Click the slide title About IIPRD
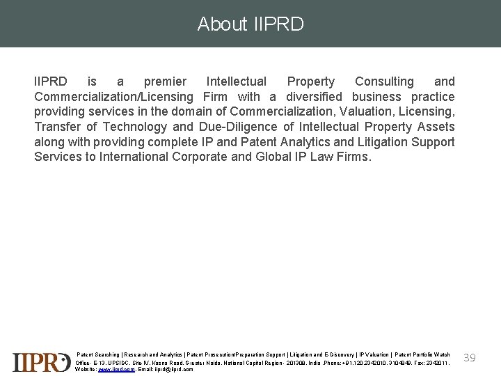point(250,24)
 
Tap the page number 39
point(470,357)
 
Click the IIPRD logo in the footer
point(42,362)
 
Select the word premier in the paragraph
point(165,81)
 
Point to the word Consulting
point(384,81)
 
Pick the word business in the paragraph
point(376,97)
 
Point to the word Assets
point(436,127)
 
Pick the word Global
point(276,156)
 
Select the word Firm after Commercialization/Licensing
point(215,97)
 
